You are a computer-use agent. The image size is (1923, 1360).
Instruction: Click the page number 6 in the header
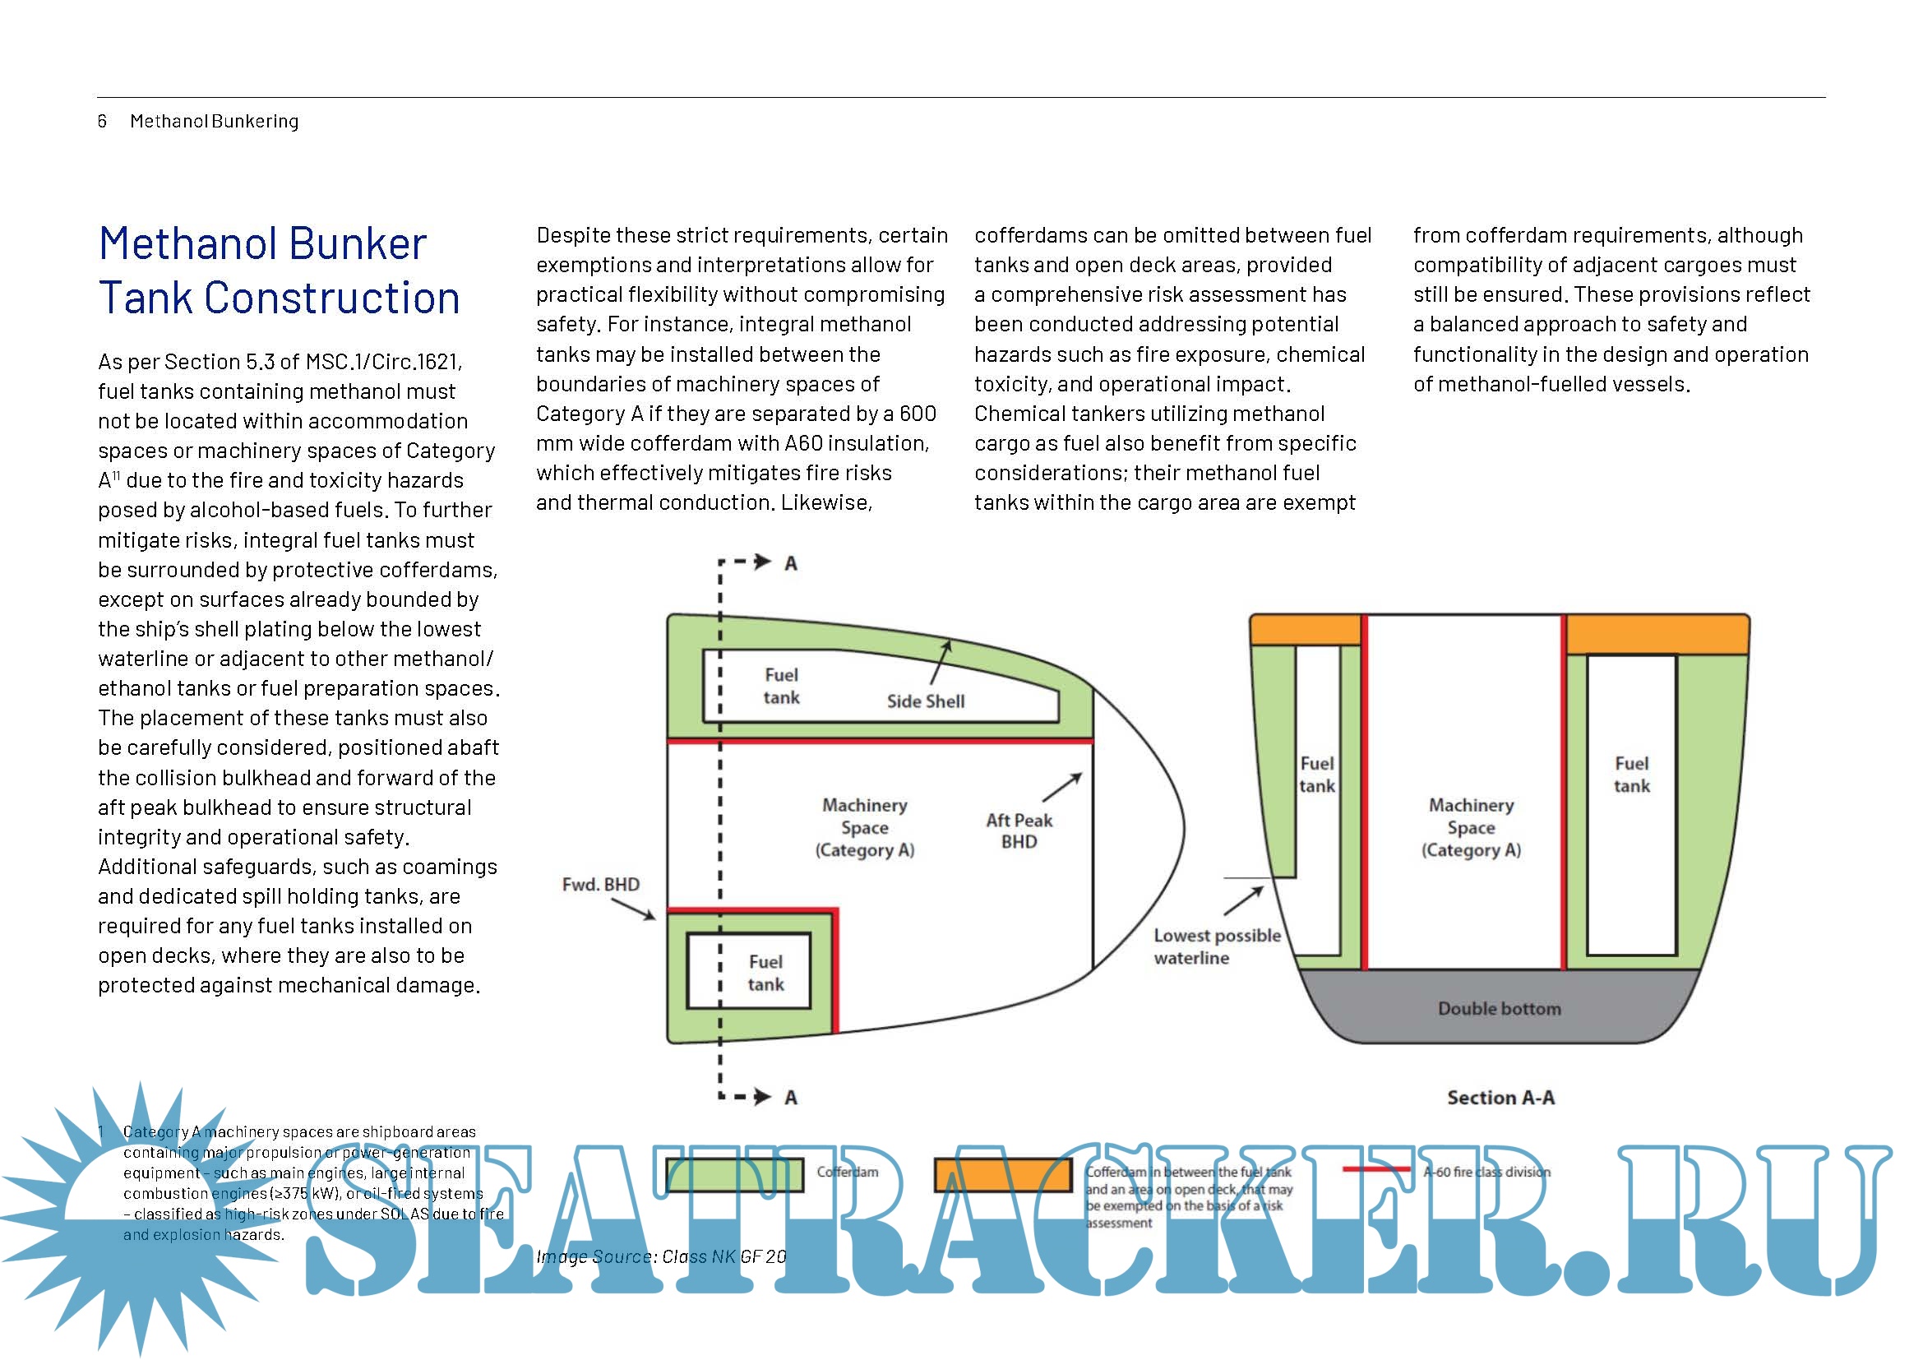point(102,122)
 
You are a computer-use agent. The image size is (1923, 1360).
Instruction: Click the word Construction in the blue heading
point(332,298)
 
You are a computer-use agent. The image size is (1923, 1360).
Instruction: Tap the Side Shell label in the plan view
point(926,701)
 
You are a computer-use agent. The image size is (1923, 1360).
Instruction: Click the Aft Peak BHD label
point(1019,830)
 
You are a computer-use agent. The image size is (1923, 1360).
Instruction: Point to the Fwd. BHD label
point(600,885)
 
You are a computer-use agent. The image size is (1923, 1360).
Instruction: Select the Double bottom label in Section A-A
point(1500,1008)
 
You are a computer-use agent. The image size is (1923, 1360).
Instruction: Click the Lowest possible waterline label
point(1216,946)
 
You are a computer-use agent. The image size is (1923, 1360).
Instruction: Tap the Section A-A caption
point(1500,1097)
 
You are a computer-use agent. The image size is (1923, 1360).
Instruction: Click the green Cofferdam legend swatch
point(734,1174)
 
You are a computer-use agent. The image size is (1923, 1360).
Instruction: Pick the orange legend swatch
point(1002,1174)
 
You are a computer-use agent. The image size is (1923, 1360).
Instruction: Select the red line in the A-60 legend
point(1375,1169)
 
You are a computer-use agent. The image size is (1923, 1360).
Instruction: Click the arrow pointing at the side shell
point(941,663)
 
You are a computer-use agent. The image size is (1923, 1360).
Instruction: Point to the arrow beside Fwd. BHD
point(634,909)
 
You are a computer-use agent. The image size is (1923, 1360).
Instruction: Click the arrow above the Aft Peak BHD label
point(1062,787)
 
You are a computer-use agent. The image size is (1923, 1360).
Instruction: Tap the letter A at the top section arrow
point(791,563)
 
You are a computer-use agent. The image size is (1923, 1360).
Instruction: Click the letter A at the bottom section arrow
point(791,1097)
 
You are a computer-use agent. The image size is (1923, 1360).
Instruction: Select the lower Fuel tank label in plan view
point(765,973)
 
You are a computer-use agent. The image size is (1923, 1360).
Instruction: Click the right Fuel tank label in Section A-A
point(1631,775)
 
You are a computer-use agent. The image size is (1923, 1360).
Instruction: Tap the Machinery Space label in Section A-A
point(1471,827)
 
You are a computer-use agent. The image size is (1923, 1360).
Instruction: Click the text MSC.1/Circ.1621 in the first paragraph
point(383,362)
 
